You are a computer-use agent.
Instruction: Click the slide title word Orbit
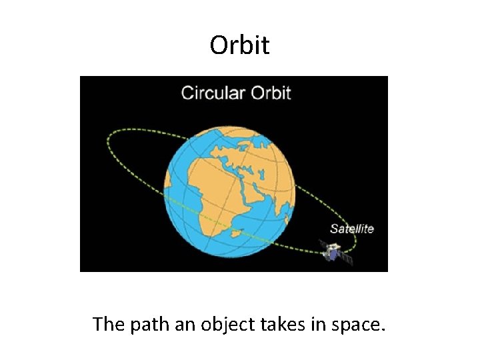pos(239,45)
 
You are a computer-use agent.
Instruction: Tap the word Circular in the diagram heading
pos(213,92)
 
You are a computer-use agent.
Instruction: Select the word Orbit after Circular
pos(271,92)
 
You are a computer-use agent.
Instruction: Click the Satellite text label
pos(352,229)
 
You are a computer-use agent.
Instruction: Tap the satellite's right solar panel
pos(345,258)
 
